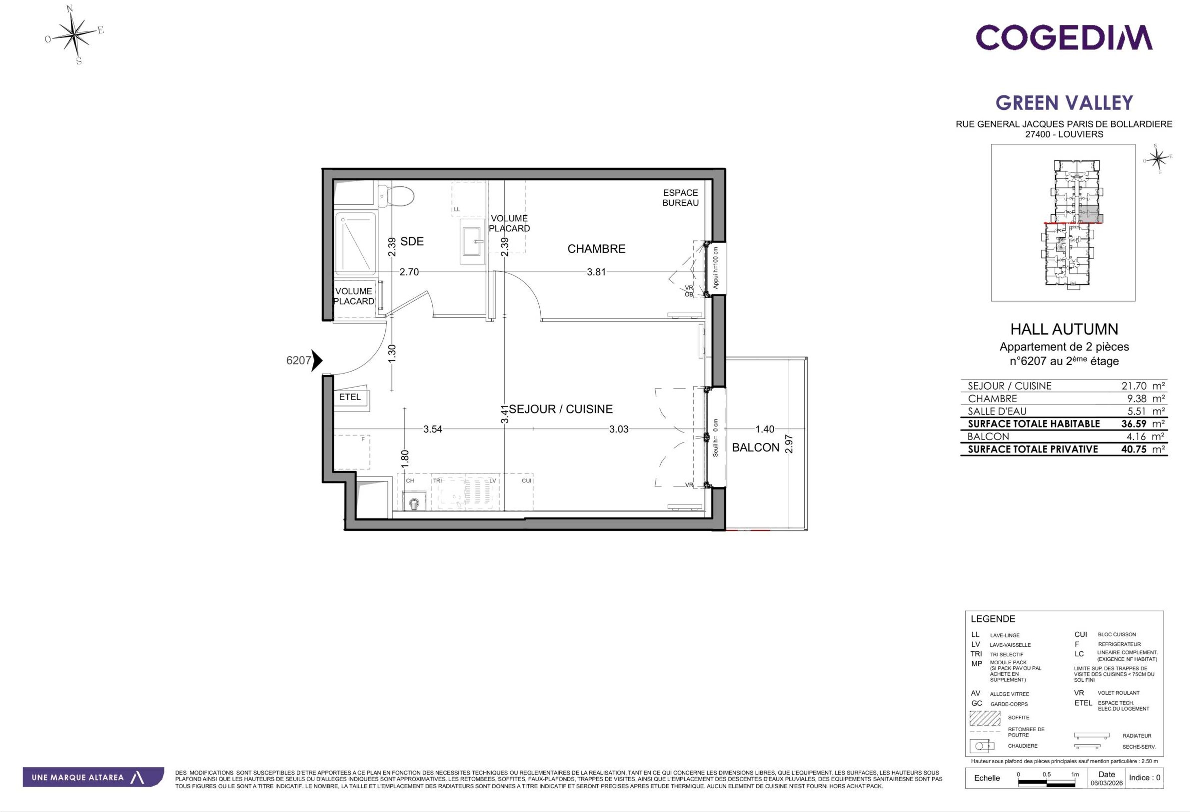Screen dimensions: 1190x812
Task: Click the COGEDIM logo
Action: click(1064, 37)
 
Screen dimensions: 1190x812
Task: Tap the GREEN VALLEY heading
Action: click(1064, 103)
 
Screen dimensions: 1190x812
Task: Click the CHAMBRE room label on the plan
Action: click(596, 249)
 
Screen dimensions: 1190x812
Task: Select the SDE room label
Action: click(412, 241)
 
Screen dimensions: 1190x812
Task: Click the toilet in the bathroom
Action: click(396, 196)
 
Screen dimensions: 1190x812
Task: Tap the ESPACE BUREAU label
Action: click(680, 197)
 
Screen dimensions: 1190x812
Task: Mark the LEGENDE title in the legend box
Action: click(993, 619)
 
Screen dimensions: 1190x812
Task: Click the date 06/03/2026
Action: click(1107, 783)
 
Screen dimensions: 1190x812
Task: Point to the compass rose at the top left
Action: click(76, 35)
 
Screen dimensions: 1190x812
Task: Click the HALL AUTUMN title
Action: click(1064, 329)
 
